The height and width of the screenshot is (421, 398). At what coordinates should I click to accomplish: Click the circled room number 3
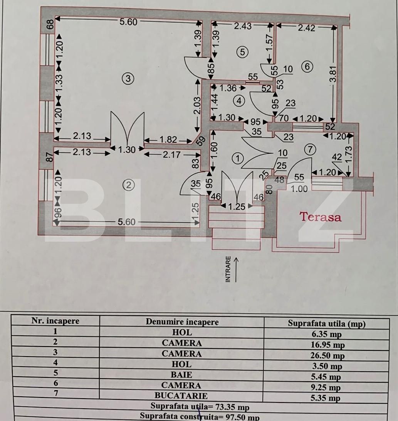click(128, 79)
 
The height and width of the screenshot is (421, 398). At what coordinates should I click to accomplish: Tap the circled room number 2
click(129, 185)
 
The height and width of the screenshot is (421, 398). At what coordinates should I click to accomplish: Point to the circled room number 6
click(307, 67)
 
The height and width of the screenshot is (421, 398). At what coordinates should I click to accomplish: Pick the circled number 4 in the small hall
click(239, 101)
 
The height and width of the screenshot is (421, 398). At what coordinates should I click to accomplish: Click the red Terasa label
click(321, 217)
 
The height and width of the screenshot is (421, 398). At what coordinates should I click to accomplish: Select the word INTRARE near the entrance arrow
click(228, 269)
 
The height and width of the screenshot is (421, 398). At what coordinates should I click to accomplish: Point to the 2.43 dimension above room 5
click(243, 26)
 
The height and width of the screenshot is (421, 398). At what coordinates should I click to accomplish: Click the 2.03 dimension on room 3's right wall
click(197, 105)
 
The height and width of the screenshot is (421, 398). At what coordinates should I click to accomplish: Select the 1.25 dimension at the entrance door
click(237, 207)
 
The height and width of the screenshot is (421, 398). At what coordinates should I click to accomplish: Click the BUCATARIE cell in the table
click(181, 396)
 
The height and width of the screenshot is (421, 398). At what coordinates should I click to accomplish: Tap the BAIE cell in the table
click(181, 375)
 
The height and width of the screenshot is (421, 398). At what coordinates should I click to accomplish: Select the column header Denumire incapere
click(182, 322)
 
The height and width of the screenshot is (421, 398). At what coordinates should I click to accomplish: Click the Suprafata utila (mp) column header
click(326, 324)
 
